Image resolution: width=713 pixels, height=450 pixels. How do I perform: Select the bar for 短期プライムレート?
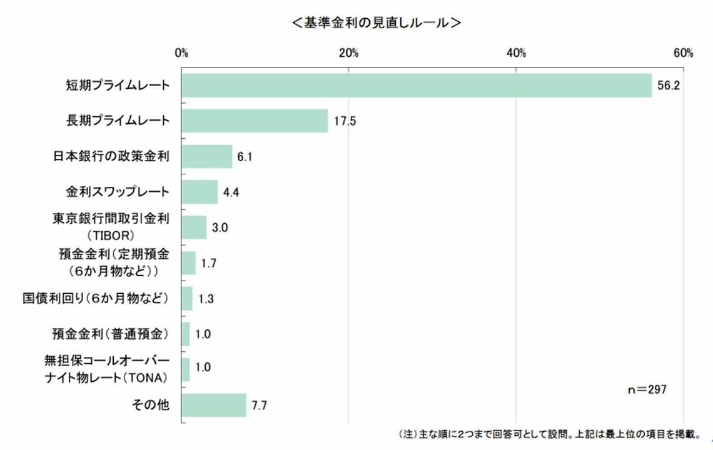click(x=417, y=85)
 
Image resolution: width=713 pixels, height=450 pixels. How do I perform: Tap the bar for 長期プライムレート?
click(x=255, y=121)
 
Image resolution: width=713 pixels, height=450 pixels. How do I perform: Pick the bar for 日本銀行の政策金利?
click(x=207, y=156)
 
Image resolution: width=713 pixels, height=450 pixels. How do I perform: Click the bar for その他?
click(x=214, y=406)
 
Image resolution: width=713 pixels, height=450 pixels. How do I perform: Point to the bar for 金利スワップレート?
click(x=200, y=192)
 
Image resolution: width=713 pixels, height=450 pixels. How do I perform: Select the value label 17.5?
click(x=344, y=121)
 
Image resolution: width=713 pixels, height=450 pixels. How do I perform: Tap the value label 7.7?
click(x=260, y=406)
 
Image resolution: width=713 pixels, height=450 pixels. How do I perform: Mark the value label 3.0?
click(x=220, y=228)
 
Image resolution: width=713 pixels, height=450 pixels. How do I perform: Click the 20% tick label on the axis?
click(x=348, y=53)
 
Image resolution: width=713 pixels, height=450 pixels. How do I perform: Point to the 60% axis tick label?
click(x=683, y=53)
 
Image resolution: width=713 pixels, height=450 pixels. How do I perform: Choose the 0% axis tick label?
click(x=181, y=53)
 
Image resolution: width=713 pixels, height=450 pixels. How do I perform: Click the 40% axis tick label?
click(x=516, y=53)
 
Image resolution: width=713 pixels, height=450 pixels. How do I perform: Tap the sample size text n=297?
click(x=647, y=389)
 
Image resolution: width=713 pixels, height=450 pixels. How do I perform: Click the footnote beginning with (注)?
click(x=547, y=434)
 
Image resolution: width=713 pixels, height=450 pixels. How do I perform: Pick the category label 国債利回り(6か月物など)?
click(x=96, y=298)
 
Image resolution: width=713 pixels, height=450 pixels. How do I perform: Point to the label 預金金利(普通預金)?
click(x=111, y=334)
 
